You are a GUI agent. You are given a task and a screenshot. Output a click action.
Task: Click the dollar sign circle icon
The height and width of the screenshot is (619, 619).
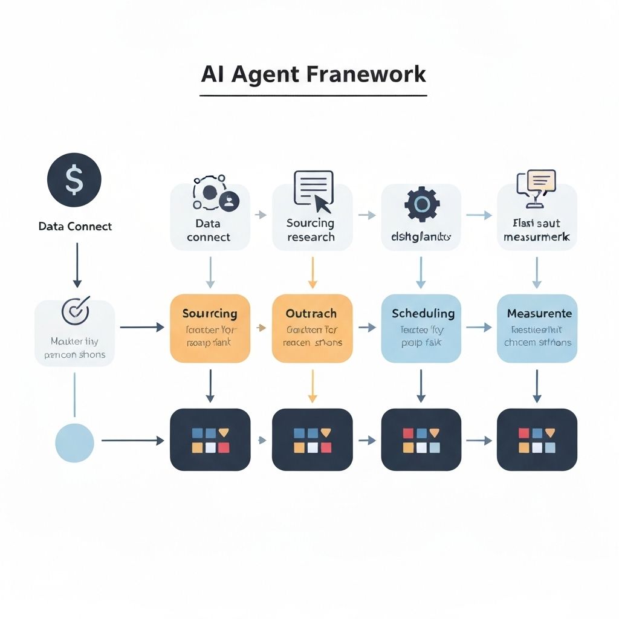click(74, 181)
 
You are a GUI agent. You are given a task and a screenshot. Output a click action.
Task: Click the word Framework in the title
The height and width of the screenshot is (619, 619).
click(366, 74)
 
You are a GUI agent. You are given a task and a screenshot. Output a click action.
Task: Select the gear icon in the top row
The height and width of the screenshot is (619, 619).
click(421, 204)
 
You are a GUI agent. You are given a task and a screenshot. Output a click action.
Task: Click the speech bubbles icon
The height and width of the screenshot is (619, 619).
click(535, 183)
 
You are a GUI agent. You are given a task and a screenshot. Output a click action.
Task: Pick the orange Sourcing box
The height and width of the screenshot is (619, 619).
click(210, 328)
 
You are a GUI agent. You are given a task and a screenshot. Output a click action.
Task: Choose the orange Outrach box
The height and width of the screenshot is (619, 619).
click(312, 328)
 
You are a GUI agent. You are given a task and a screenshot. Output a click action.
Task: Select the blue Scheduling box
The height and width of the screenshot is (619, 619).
click(421, 328)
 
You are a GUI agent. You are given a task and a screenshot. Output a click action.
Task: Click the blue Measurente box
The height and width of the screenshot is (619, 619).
click(537, 328)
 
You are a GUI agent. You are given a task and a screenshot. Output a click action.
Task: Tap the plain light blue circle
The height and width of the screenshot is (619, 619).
click(74, 442)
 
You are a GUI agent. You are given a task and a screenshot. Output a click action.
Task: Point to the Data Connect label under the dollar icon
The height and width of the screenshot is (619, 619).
click(75, 227)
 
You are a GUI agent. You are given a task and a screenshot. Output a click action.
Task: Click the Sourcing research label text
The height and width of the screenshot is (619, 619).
click(311, 230)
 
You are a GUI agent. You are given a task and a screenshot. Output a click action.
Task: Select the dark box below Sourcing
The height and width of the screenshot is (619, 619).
click(210, 439)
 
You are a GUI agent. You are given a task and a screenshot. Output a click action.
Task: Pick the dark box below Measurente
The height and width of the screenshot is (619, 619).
click(537, 439)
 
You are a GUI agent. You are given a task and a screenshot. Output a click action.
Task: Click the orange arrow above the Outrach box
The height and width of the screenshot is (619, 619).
click(313, 272)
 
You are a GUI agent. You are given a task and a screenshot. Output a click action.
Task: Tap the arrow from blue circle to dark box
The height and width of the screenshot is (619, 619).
click(132, 441)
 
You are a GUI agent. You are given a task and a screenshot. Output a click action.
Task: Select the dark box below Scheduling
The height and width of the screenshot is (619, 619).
click(421, 439)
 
